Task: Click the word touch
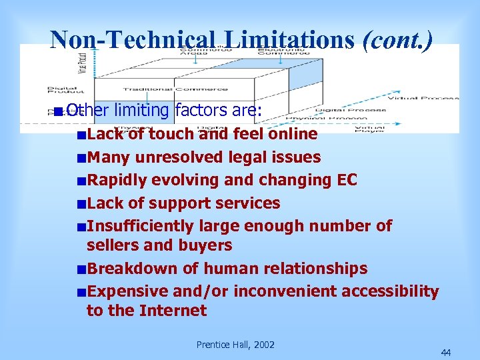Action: [x=171, y=134]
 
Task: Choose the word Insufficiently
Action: [x=147, y=225]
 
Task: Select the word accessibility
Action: [x=389, y=291]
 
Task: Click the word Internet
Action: [x=175, y=310]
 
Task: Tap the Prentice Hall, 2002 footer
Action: [x=235, y=344]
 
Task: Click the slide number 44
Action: [x=445, y=352]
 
